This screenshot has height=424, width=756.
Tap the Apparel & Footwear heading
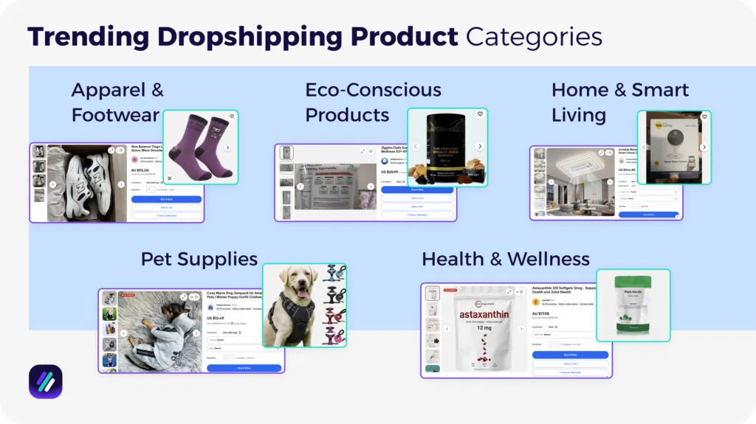(117, 102)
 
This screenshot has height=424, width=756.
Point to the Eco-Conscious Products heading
(373, 102)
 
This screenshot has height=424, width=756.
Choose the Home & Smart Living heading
(619, 102)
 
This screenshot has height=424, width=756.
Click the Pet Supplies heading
(199, 259)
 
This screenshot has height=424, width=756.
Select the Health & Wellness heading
(506, 259)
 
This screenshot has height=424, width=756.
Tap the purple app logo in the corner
(46, 381)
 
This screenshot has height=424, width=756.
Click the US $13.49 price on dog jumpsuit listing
(217, 319)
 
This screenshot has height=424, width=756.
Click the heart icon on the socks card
(232, 117)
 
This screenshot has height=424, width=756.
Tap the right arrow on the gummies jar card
(479, 146)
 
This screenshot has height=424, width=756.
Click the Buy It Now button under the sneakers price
(166, 199)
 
